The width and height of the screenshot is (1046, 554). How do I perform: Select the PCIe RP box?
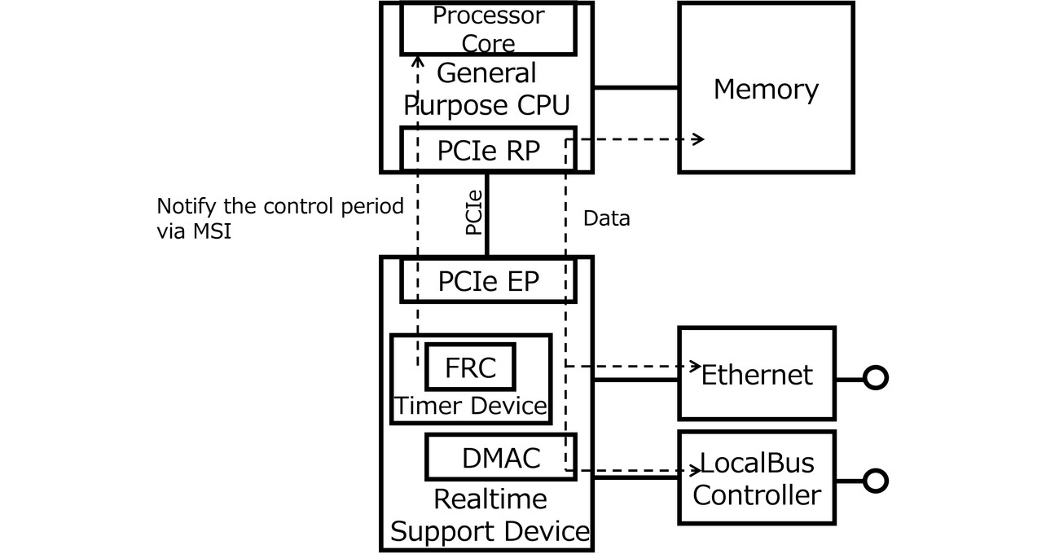pyautogui.click(x=488, y=150)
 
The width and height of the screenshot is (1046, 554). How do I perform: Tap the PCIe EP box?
pyautogui.click(x=488, y=280)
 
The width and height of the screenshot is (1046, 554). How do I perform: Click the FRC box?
pyautogui.click(x=470, y=367)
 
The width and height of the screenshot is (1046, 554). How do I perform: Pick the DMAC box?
pyautogui.click(x=500, y=457)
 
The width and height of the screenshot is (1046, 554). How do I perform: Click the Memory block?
pyautogui.click(x=766, y=88)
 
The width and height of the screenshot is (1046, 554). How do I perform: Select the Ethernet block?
pyautogui.click(x=756, y=375)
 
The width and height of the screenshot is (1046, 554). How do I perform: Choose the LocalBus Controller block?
pyautogui.click(x=757, y=477)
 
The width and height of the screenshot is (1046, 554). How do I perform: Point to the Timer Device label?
pyautogui.click(x=470, y=405)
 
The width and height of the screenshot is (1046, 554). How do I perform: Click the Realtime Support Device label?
pyautogui.click(x=489, y=515)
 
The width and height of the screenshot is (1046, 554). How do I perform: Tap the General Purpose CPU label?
pyautogui.click(x=487, y=89)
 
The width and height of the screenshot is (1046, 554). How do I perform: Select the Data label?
pyautogui.click(x=606, y=218)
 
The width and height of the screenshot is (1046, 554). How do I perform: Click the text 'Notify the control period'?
pyautogui.click(x=279, y=206)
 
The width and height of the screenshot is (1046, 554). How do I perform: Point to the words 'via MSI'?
pyautogui.click(x=193, y=232)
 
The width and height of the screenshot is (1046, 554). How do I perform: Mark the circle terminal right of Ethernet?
pyautogui.click(x=875, y=378)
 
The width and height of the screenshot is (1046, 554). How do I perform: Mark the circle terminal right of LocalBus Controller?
pyautogui.click(x=875, y=481)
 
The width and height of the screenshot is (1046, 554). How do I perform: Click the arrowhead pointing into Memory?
pyautogui.click(x=698, y=139)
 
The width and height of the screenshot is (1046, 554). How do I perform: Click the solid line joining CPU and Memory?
pyautogui.click(x=635, y=87)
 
